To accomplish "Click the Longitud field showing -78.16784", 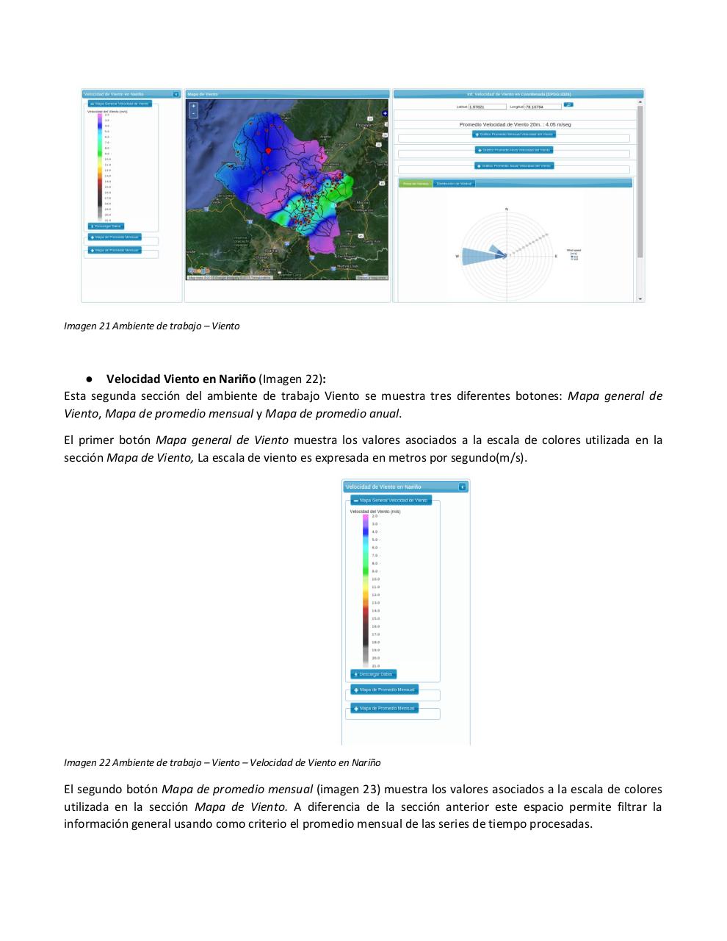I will [x=543, y=107].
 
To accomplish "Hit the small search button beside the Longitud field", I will [x=569, y=105].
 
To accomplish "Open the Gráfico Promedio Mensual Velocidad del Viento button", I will [x=514, y=134].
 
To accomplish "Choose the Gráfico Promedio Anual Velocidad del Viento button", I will [x=514, y=165].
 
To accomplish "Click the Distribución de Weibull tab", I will [x=454, y=183].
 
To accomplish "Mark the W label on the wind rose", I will [x=457, y=257].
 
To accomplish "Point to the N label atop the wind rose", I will [x=506, y=210].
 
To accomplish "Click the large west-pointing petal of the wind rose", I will [x=481, y=254].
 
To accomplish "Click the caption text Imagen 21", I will [x=86, y=326].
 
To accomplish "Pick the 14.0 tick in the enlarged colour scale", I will [x=375, y=610].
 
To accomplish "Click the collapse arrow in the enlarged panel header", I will [x=462, y=487].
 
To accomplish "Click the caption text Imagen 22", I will [x=86, y=762].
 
